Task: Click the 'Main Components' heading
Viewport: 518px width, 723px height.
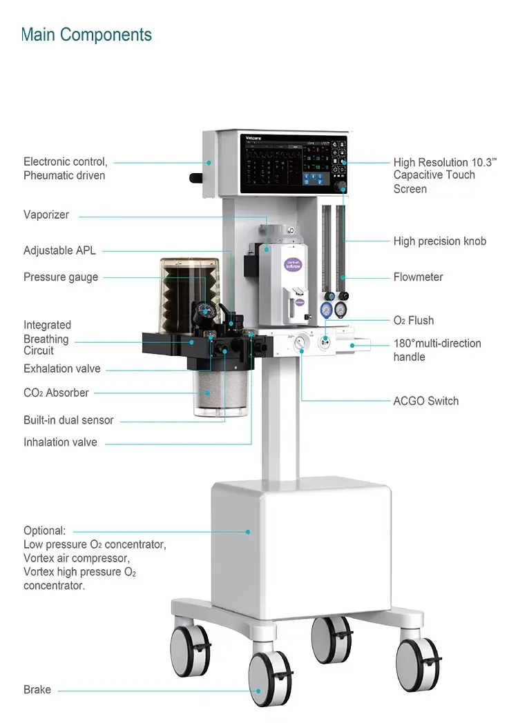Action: (86, 34)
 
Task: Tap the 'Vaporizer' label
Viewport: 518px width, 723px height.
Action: (46, 215)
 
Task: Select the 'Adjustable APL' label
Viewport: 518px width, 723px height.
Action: (59, 250)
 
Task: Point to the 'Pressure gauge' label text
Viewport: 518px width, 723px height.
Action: (61, 277)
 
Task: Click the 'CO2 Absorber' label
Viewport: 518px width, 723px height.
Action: (56, 393)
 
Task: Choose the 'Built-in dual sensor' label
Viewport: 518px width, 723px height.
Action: (68, 420)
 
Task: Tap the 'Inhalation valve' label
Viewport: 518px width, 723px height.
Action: (60, 442)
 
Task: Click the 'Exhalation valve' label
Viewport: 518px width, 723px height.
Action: (61, 368)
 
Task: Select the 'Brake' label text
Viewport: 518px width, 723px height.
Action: (37, 689)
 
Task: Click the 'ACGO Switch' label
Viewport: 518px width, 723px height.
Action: (426, 401)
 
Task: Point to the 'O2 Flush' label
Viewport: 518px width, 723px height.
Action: (414, 320)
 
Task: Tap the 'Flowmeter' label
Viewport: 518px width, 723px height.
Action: (418, 277)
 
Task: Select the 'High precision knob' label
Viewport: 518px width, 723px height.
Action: (439, 241)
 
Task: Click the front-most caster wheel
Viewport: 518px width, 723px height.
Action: (269, 680)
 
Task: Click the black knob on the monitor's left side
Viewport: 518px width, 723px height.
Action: (197, 178)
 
